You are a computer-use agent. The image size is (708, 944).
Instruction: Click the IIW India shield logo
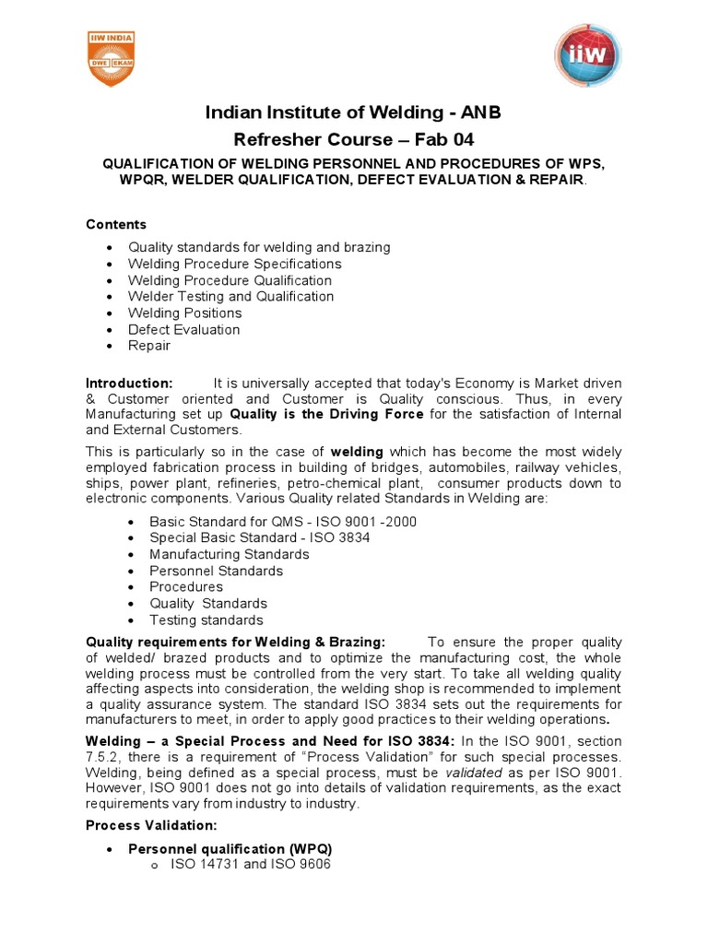tap(112, 59)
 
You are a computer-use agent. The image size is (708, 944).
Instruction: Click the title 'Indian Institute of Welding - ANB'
tap(354, 113)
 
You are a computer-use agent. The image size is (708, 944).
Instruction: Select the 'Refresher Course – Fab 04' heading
tap(354, 139)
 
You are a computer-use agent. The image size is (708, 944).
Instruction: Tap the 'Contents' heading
tap(116, 224)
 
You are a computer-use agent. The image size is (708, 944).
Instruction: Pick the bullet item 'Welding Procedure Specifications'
tap(234, 264)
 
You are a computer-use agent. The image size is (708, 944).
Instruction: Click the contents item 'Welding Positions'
tap(184, 313)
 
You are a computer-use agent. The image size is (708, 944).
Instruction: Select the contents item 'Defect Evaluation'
tap(183, 329)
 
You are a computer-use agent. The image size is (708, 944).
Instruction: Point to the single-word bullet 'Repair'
tap(149, 346)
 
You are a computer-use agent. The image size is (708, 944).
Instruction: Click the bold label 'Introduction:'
tap(129, 383)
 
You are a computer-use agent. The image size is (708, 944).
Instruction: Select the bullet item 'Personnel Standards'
tap(216, 571)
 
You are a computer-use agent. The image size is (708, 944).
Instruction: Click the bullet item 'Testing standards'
tap(206, 620)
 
